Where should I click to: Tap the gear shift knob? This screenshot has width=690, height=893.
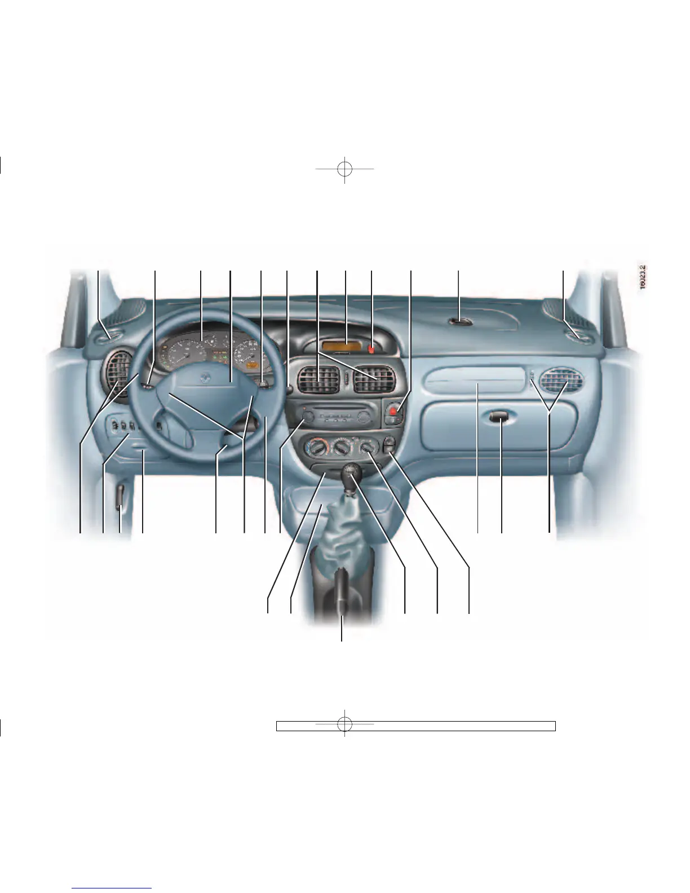point(351,470)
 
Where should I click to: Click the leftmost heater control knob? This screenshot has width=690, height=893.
point(313,449)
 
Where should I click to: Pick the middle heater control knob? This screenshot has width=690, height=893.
point(340,449)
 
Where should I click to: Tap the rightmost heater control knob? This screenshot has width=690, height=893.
point(368,449)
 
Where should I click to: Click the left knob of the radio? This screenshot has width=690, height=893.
point(307,418)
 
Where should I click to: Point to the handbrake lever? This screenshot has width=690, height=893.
point(340,595)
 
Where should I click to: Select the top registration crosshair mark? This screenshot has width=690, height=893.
point(344,169)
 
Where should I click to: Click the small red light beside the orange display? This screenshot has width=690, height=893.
point(371,348)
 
